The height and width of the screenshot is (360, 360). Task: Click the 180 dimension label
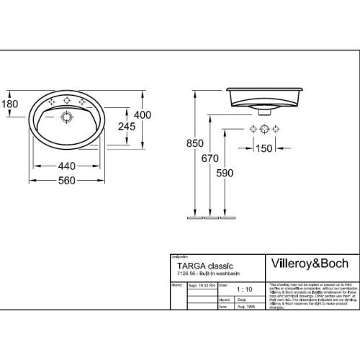9,104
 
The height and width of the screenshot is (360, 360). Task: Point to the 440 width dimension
66,166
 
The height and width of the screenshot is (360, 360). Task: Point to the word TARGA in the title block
189,266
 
